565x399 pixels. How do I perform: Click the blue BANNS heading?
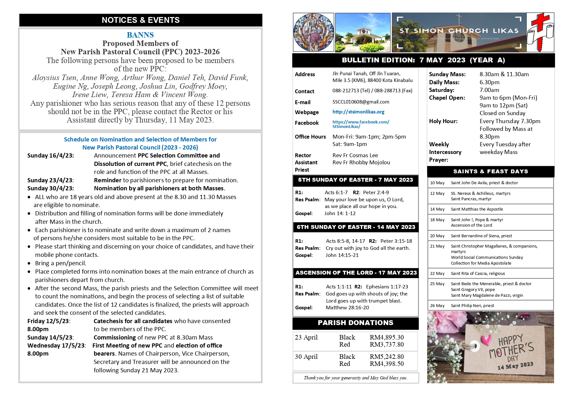(x=140, y=35)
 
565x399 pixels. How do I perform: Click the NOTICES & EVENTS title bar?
(x=141, y=20)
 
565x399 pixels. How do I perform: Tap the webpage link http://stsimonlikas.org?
(x=358, y=112)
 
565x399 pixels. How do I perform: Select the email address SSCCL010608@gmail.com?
(x=361, y=102)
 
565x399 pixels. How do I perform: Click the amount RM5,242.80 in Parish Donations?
(x=387, y=357)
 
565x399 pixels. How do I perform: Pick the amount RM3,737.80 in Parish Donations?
(x=387, y=344)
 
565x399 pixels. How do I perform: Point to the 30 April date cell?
(x=306, y=357)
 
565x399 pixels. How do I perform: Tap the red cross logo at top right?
(x=541, y=32)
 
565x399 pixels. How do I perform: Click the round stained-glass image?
(x=313, y=32)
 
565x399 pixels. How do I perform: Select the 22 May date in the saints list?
(x=437, y=274)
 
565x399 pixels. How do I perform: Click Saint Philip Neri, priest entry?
(x=472, y=306)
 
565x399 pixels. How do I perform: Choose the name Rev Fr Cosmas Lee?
(x=355, y=155)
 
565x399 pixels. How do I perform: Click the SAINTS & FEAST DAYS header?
(x=490, y=171)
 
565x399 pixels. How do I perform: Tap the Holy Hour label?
(x=443, y=121)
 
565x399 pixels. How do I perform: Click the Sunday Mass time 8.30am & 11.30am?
(x=504, y=74)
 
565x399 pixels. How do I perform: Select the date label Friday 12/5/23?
(x=49, y=321)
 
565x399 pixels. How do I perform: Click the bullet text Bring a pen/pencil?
(x=61, y=263)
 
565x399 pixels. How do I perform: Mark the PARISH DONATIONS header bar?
(x=355, y=323)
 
